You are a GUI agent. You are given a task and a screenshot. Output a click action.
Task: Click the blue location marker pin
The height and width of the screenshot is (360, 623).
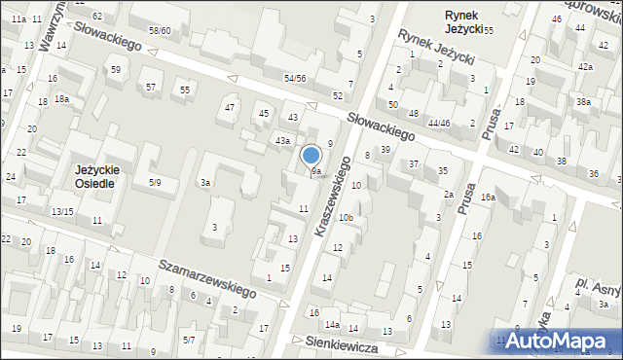point(311,156)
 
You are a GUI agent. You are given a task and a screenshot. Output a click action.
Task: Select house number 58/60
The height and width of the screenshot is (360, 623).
point(159,31)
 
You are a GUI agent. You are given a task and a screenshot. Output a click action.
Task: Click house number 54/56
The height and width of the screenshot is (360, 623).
point(295,78)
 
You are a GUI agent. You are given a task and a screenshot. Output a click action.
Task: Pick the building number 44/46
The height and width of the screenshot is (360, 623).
point(438,124)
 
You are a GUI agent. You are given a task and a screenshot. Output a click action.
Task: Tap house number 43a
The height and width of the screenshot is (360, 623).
point(282,142)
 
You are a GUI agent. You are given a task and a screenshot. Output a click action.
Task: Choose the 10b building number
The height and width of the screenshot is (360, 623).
point(346,218)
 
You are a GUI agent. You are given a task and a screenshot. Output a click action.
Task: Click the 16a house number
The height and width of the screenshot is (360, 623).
point(487,198)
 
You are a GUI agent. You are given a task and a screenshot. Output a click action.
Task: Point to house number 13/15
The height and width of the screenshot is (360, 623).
point(62,211)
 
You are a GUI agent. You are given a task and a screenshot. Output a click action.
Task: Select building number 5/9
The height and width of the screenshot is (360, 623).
point(155,183)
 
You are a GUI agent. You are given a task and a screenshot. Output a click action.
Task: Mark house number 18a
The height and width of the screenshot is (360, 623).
point(61,99)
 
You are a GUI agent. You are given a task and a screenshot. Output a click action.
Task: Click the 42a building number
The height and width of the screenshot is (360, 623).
point(584,67)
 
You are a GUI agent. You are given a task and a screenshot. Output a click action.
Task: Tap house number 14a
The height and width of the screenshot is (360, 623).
point(332,324)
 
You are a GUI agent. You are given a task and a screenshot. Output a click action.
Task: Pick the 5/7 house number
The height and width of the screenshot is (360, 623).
point(189,340)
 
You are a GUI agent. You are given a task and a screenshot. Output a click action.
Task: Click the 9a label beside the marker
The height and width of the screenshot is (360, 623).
point(316,171)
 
